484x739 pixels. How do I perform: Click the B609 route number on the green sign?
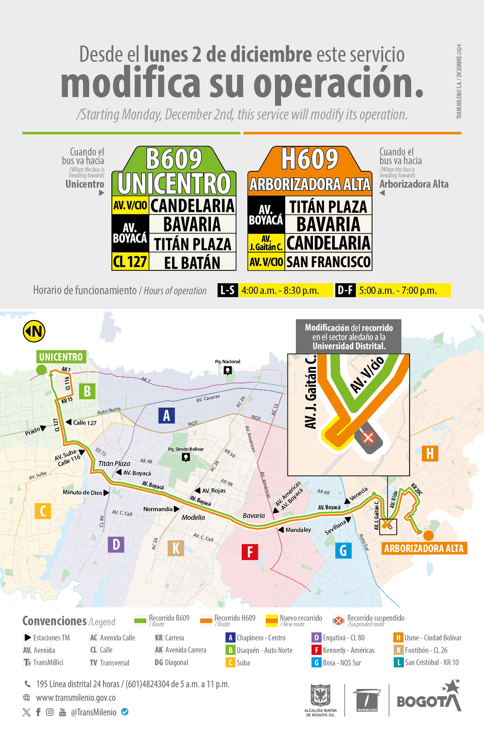click(x=174, y=159)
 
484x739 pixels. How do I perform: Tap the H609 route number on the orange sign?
click(x=310, y=159)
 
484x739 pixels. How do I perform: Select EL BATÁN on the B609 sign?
click(x=192, y=263)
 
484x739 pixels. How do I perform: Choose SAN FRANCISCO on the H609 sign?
click(x=328, y=262)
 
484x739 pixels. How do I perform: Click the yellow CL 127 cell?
click(x=130, y=262)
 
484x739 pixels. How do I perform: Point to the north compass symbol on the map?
click(x=34, y=331)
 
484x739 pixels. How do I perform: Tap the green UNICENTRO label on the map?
click(x=61, y=357)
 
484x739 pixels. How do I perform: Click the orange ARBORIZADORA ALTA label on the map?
click(x=424, y=548)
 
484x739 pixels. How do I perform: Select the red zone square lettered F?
click(x=250, y=552)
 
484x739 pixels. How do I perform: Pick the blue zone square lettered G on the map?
click(x=343, y=550)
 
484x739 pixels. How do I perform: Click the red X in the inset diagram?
click(x=368, y=437)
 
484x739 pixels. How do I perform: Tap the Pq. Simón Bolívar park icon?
click(x=185, y=457)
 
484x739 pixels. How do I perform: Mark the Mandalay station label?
click(x=298, y=530)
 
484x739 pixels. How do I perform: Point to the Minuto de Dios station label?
click(x=82, y=493)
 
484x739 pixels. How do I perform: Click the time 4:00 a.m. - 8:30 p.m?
click(x=280, y=290)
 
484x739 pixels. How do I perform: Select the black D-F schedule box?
click(x=345, y=290)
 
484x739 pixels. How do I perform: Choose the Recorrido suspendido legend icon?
click(x=338, y=621)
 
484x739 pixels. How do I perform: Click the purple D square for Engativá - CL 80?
click(x=316, y=638)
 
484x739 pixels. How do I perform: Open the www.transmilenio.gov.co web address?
click(x=76, y=698)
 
